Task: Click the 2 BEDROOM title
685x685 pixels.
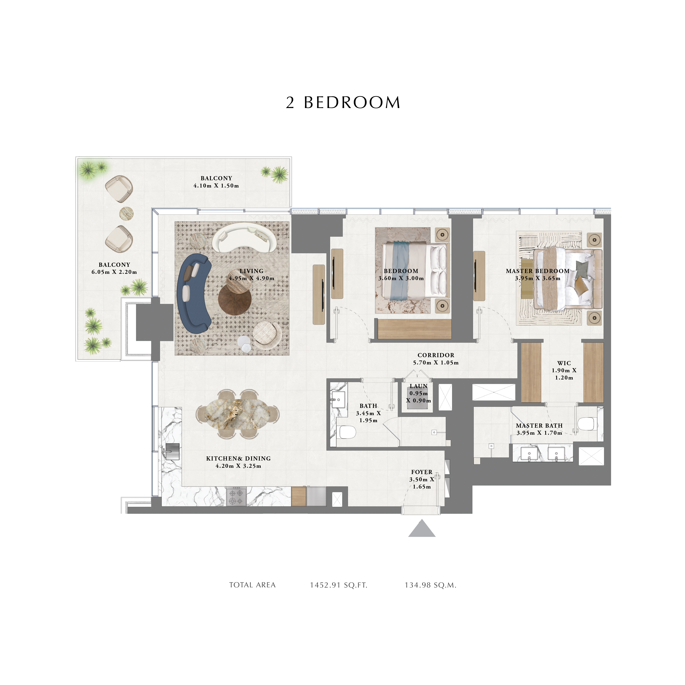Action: (343, 103)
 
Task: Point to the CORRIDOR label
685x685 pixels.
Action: (436, 355)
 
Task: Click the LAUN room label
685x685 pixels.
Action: (419, 386)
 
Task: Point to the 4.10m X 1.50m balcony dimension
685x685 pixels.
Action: (216, 185)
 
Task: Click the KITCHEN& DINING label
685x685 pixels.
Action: (238, 458)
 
